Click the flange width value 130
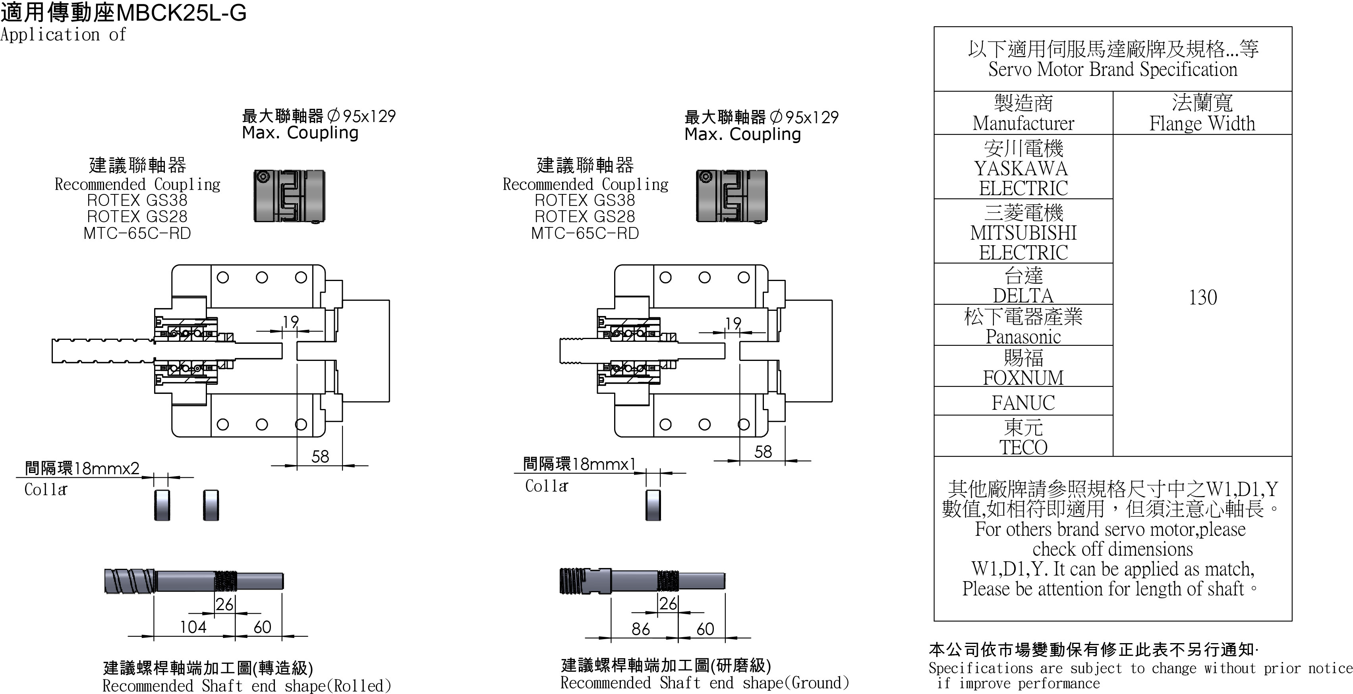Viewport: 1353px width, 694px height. [x=1202, y=297]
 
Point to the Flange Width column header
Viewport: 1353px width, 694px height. [x=1202, y=113]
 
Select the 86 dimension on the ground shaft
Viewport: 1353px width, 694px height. [x=640, y=629]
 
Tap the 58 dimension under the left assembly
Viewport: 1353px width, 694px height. [x=320, y=456]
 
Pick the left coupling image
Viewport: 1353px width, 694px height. [x=290, y=196]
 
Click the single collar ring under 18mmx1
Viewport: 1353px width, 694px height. [x=653, y=505]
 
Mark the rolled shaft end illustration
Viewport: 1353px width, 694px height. [x=194, y=581]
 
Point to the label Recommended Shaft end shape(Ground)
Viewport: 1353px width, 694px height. [x=704, y=682]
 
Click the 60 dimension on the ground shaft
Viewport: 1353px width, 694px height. [x=705, y=629]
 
